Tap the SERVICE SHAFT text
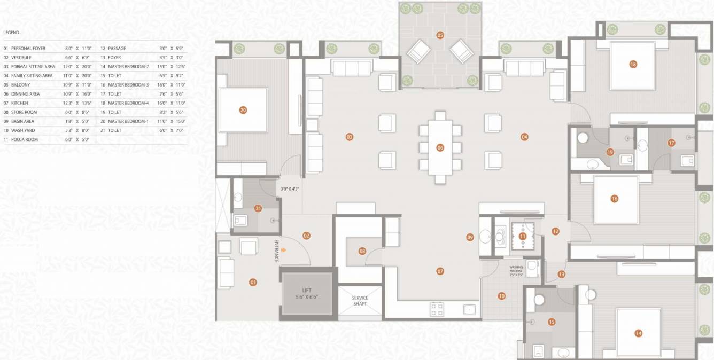point(360,301)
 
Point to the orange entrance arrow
point(284,249)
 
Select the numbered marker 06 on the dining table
point(440,147)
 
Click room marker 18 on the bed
point(633,65)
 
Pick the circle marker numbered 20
point(243,111)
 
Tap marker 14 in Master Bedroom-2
point(638,333)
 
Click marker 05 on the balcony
point(440,35)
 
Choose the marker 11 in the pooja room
point(523,236)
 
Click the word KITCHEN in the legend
point(20,103)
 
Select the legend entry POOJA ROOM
point(24,139)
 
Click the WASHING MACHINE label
point(516,269)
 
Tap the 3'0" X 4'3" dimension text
point(290,189)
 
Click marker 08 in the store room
point(362,251)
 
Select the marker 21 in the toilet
point(258,208)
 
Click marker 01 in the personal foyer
point(253,282)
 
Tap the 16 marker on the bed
point(614,199)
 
